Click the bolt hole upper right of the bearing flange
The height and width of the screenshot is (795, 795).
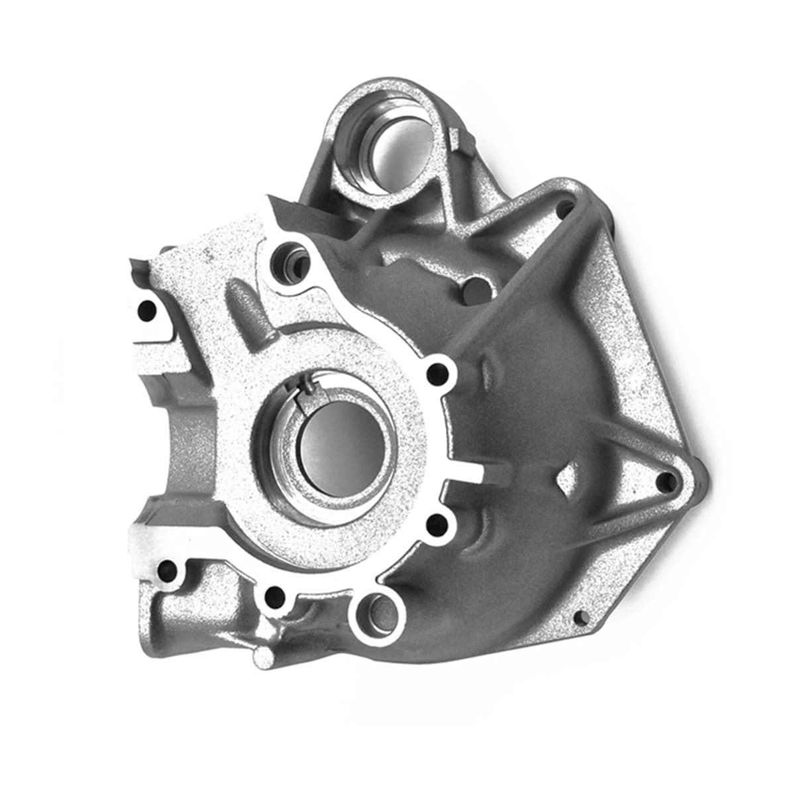point(437,372)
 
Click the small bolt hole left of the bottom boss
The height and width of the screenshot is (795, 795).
point(272,579)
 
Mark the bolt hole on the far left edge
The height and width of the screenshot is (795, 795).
point(146,310)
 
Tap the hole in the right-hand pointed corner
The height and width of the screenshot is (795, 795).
point(662,484)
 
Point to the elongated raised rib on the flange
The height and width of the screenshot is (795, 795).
point(245,305)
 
